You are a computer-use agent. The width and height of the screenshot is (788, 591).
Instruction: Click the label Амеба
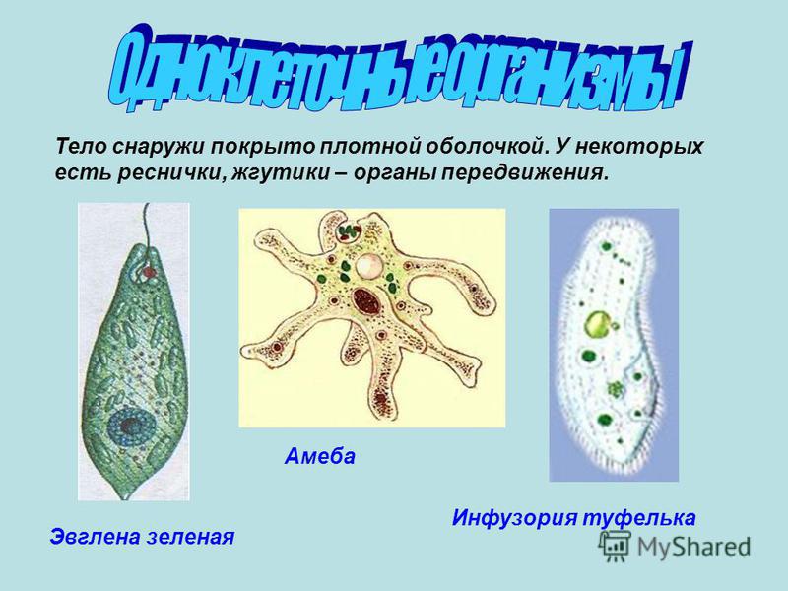(319, 456)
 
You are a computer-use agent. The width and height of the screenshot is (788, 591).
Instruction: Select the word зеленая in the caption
(190, 536)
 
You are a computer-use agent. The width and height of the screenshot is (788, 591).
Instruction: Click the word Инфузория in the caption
(514, 518)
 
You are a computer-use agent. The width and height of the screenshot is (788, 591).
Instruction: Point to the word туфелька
(639, 517)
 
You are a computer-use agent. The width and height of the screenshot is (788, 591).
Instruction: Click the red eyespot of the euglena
(149, 273)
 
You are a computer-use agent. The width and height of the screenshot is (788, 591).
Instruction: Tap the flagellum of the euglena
(146, 227)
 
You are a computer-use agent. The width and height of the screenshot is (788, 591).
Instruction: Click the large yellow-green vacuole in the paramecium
(598, 324)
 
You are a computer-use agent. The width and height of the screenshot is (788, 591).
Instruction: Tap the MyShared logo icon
(614, 547)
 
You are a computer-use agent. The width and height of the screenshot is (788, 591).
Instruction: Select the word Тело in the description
(80, 147)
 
